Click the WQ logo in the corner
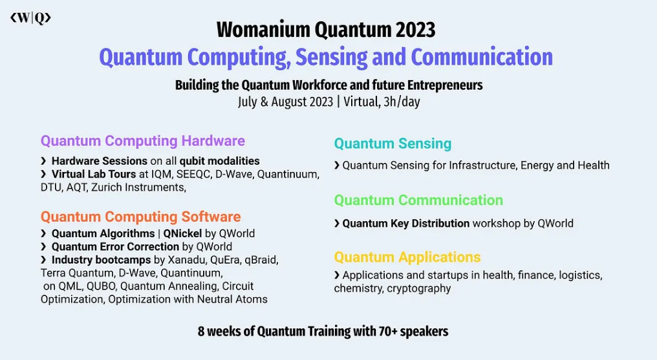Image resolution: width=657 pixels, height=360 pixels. pyautogui.click(x=30, y=18)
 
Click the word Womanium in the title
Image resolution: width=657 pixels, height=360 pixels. pyautogui.click(x=263, y=30)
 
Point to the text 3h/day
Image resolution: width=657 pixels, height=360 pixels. pyautogui.click(x=402, y=101)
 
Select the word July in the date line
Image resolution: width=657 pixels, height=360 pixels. pyautogui.click(x=247, y=101)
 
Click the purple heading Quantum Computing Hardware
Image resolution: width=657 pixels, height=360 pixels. pyautogui.click(x=143, y=141)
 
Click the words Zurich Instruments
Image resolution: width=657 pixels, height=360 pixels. pyautogui.click(x=138, y=187)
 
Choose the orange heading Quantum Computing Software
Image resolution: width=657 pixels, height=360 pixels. pyautogui.click(x=141, y=217)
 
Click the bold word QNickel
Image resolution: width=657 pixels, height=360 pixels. pyautogui.click(x=183, y=233)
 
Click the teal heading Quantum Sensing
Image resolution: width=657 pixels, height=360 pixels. pyautogui.click(x=393, y=143)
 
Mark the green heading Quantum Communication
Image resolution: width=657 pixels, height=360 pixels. pyautogui.click(x=418, y=200)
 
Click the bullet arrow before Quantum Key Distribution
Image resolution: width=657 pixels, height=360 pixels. pyautogui.click(x=337, y=224)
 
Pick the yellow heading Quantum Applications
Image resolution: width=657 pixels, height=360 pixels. pyautogui.click(x=407, y=257)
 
